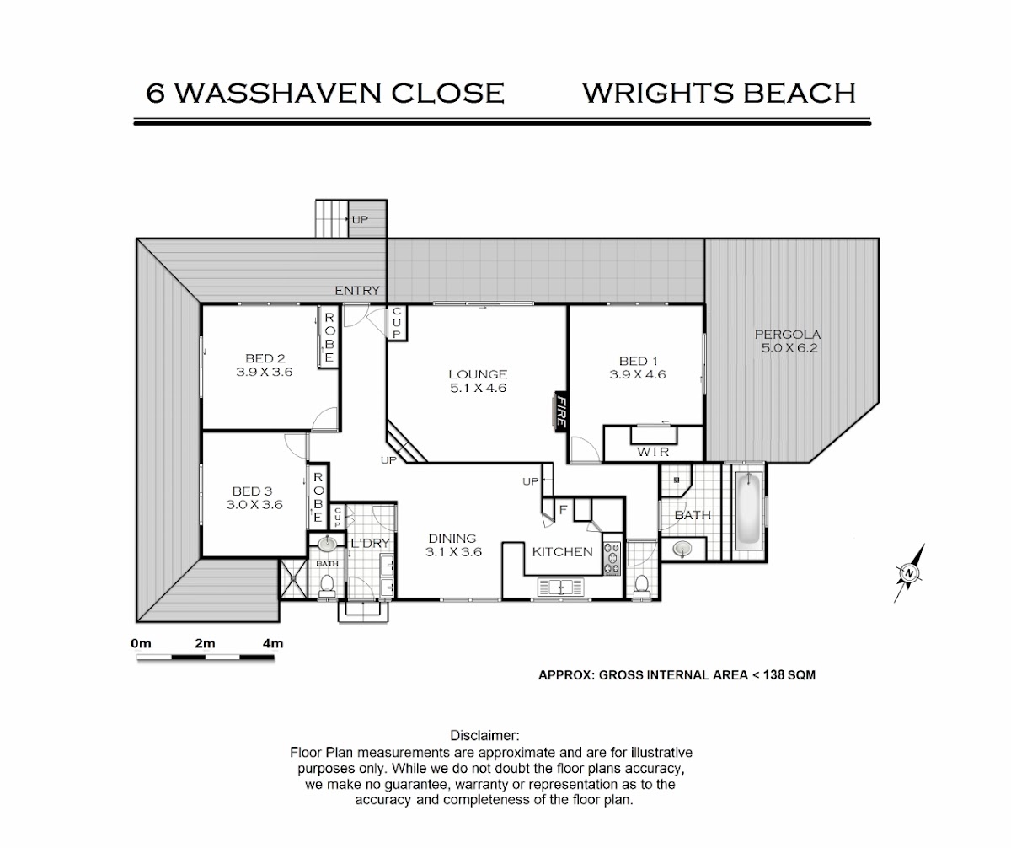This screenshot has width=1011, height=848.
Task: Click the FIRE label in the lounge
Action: [561, 412]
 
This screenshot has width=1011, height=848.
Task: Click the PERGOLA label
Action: [788, 335]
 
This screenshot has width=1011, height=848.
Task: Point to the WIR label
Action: [653, 452]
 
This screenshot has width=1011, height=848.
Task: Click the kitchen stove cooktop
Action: [612, 557]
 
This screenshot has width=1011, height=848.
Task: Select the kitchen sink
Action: [561, 588]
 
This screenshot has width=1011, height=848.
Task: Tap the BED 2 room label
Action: [265, 358]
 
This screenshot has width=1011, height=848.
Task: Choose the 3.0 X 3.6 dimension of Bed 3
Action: [254, 504]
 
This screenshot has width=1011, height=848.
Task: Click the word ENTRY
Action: [357, 291]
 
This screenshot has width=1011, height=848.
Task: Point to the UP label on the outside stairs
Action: [360, 220]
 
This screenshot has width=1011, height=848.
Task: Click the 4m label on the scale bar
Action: [273, 644]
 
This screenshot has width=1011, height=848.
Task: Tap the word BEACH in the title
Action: [800, 93]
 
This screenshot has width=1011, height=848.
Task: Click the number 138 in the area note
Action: [773, 675]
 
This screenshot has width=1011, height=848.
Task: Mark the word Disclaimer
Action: [484, 736]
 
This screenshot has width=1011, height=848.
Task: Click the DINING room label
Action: [452, 539]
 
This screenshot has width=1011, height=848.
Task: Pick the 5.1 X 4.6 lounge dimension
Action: [479, 388]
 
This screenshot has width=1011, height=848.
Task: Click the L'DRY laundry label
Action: [370, 543]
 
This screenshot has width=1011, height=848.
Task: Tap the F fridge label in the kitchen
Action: [563, 510]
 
